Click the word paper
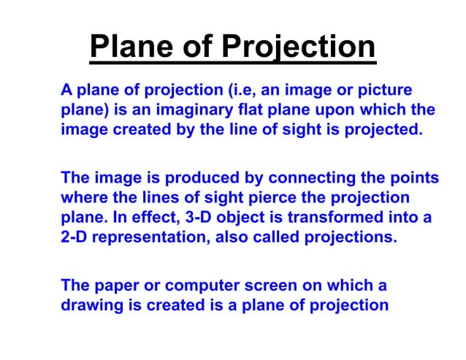point(115,286)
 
